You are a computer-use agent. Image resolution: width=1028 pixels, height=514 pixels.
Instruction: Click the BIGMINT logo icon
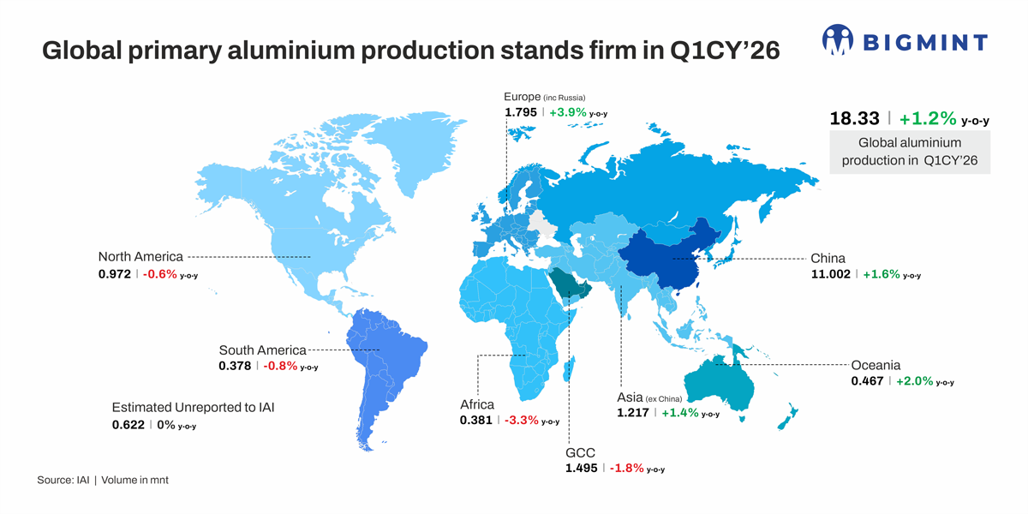click(x=839, y=39)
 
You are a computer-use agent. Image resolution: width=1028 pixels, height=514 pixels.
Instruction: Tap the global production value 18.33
click(x=854, y=119)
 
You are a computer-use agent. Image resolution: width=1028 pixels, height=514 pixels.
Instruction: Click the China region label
click(x=828, y=258)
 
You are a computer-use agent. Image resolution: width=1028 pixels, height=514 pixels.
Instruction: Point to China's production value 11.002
click(x=830, y=274)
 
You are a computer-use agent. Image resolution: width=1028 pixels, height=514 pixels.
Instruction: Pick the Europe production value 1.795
click(x=521, y=112)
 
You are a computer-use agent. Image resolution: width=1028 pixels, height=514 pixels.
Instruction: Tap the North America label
click(x=140, y=256)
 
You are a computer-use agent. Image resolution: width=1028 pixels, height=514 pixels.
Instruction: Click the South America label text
click(x=262, y=350)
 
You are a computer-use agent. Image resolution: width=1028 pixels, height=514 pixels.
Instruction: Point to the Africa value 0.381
click(x=475, y=420)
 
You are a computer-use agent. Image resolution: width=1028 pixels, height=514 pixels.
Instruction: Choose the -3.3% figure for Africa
click(x=521, y=420)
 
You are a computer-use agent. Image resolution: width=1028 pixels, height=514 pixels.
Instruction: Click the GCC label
click(x=580, y=452)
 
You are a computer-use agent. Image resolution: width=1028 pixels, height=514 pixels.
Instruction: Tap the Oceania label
click(x=876, y=365)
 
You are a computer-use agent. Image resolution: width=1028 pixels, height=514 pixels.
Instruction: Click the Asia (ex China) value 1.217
click(x=633, y=413)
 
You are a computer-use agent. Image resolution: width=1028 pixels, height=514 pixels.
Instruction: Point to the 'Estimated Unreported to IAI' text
click(x=194, y=407)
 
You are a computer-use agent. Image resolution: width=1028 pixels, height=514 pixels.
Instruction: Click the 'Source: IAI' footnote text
click(x=63, y=480)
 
